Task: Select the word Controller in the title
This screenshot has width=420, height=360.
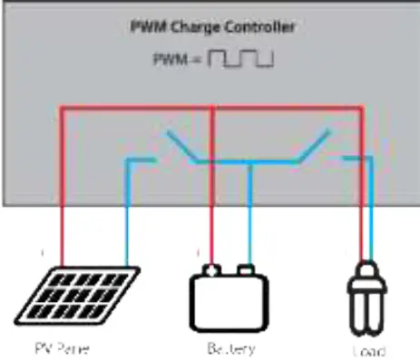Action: pyautogui.click(x=264, y=26)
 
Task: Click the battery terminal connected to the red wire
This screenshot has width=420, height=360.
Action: pyautogui.click(x=211, y=269)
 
